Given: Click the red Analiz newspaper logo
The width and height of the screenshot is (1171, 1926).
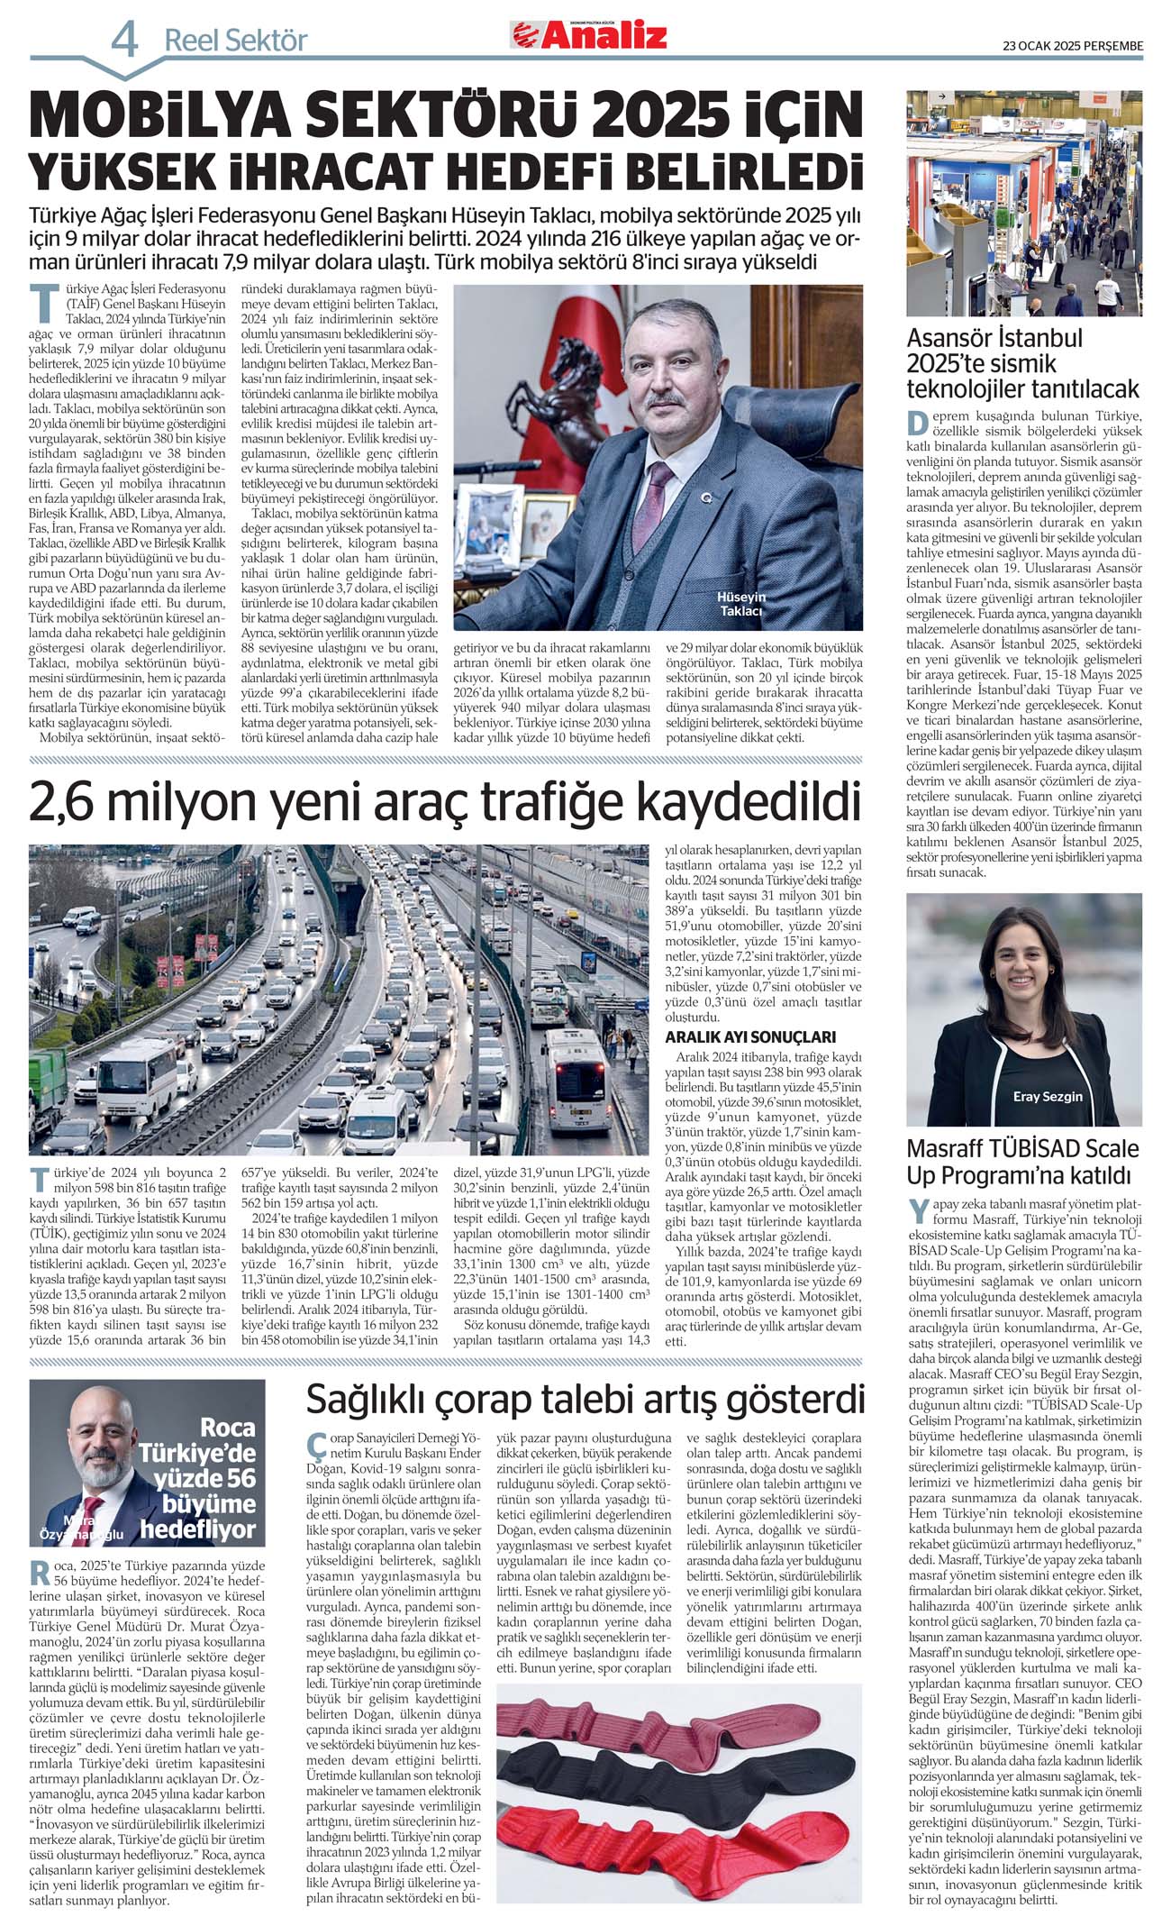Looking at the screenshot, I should (x=590, y=35).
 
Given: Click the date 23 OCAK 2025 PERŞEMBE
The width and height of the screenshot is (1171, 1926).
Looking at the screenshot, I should (x=1073, y=46).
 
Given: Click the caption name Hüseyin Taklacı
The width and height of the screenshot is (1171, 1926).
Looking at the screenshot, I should (x=740, y=604).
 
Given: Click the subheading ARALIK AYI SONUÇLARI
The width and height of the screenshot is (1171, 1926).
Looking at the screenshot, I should (x=750, y=1036).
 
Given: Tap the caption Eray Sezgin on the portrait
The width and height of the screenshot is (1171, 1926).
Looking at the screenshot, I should (x=1047, y=1096).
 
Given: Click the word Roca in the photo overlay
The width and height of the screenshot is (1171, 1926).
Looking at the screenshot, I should (x=228, y=1428).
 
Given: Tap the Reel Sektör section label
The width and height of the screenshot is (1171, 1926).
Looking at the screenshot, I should (x=235, y=41).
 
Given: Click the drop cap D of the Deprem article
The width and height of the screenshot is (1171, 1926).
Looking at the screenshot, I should (x=917, y=424).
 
